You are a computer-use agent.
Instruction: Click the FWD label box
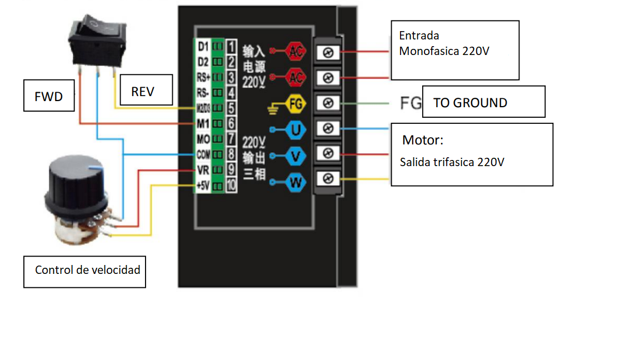(x=49, y=96)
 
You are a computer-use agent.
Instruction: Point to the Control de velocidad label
(x=84, y=271)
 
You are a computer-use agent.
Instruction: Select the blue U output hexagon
(x=295, y=129)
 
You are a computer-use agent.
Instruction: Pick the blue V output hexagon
(x=295, y=156)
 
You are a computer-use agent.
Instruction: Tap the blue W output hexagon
(x=295, y=182)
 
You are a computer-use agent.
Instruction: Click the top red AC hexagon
(x=295, y=52)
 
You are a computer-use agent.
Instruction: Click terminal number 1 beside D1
(x=231, y=45)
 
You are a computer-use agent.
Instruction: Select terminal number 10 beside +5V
(x=231, y=186)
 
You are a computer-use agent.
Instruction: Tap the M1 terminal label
(x=203, y=123)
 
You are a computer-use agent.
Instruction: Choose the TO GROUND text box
(x=483, y=102)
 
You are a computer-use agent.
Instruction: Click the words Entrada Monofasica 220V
(x=444, y=43)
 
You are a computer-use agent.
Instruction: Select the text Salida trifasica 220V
(x=452, y=162)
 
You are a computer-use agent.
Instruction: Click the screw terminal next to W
(x=328, y=178)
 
